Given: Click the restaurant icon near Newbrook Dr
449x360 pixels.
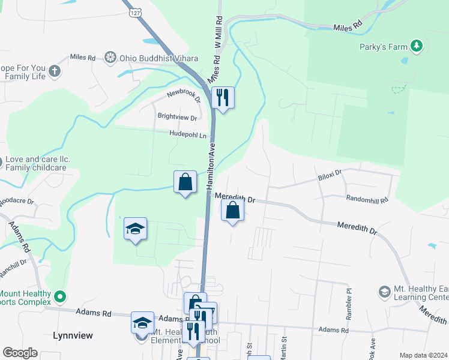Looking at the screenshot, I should coord(223,97).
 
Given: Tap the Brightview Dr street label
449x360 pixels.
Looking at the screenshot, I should coord(177,118).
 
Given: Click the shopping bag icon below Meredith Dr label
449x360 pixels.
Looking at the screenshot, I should coord(232,210).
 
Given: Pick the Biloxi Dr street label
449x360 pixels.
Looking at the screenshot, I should coord(330,175).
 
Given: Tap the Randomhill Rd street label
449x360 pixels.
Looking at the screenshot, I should coord(367,199).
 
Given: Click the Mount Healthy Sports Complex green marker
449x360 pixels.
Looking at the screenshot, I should coord(59,296).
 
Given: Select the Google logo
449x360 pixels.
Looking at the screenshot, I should coord(20,353).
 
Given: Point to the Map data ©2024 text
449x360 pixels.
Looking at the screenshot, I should coord(423,355).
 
